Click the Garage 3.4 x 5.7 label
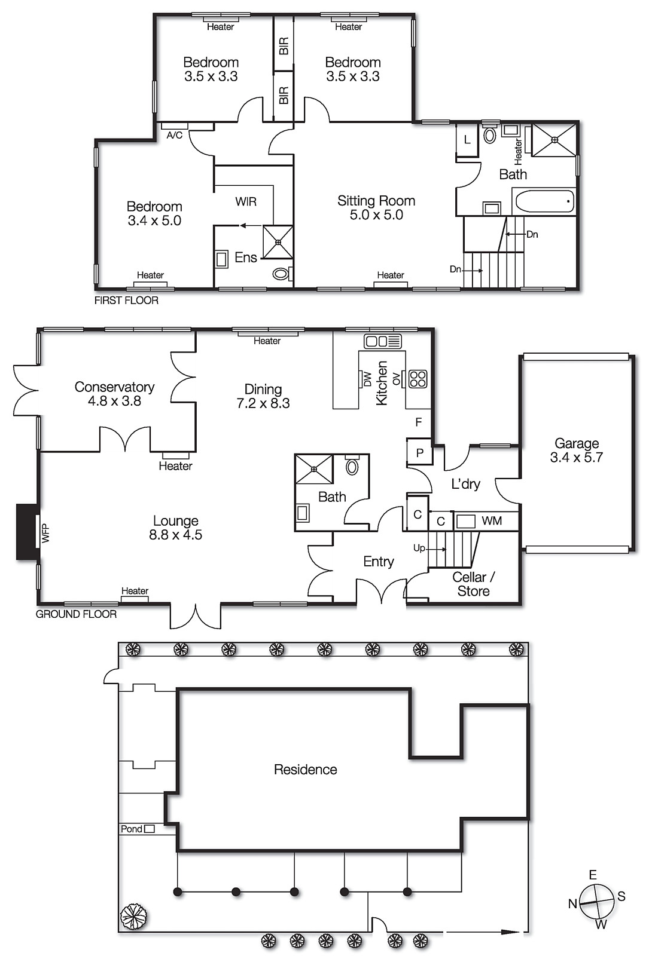[576, 451]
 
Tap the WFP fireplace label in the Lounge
[45, 533]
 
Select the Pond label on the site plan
[132, 829]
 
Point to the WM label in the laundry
[492, 521]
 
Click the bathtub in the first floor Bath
[544, 201]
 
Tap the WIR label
[246, 202]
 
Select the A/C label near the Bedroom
[174, 136]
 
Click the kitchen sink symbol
[383, 341]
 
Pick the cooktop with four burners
[418, 379]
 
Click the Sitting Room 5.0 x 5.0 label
[376, 207]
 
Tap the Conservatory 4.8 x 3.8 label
[114, 394]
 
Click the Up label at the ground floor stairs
[419, 548]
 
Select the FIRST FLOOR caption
[126, 301]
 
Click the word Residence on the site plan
[305, 770]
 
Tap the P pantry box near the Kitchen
[420, 453]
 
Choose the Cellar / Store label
[473, 584]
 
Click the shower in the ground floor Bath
[315, 468]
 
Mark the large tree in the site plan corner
[133, 917]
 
